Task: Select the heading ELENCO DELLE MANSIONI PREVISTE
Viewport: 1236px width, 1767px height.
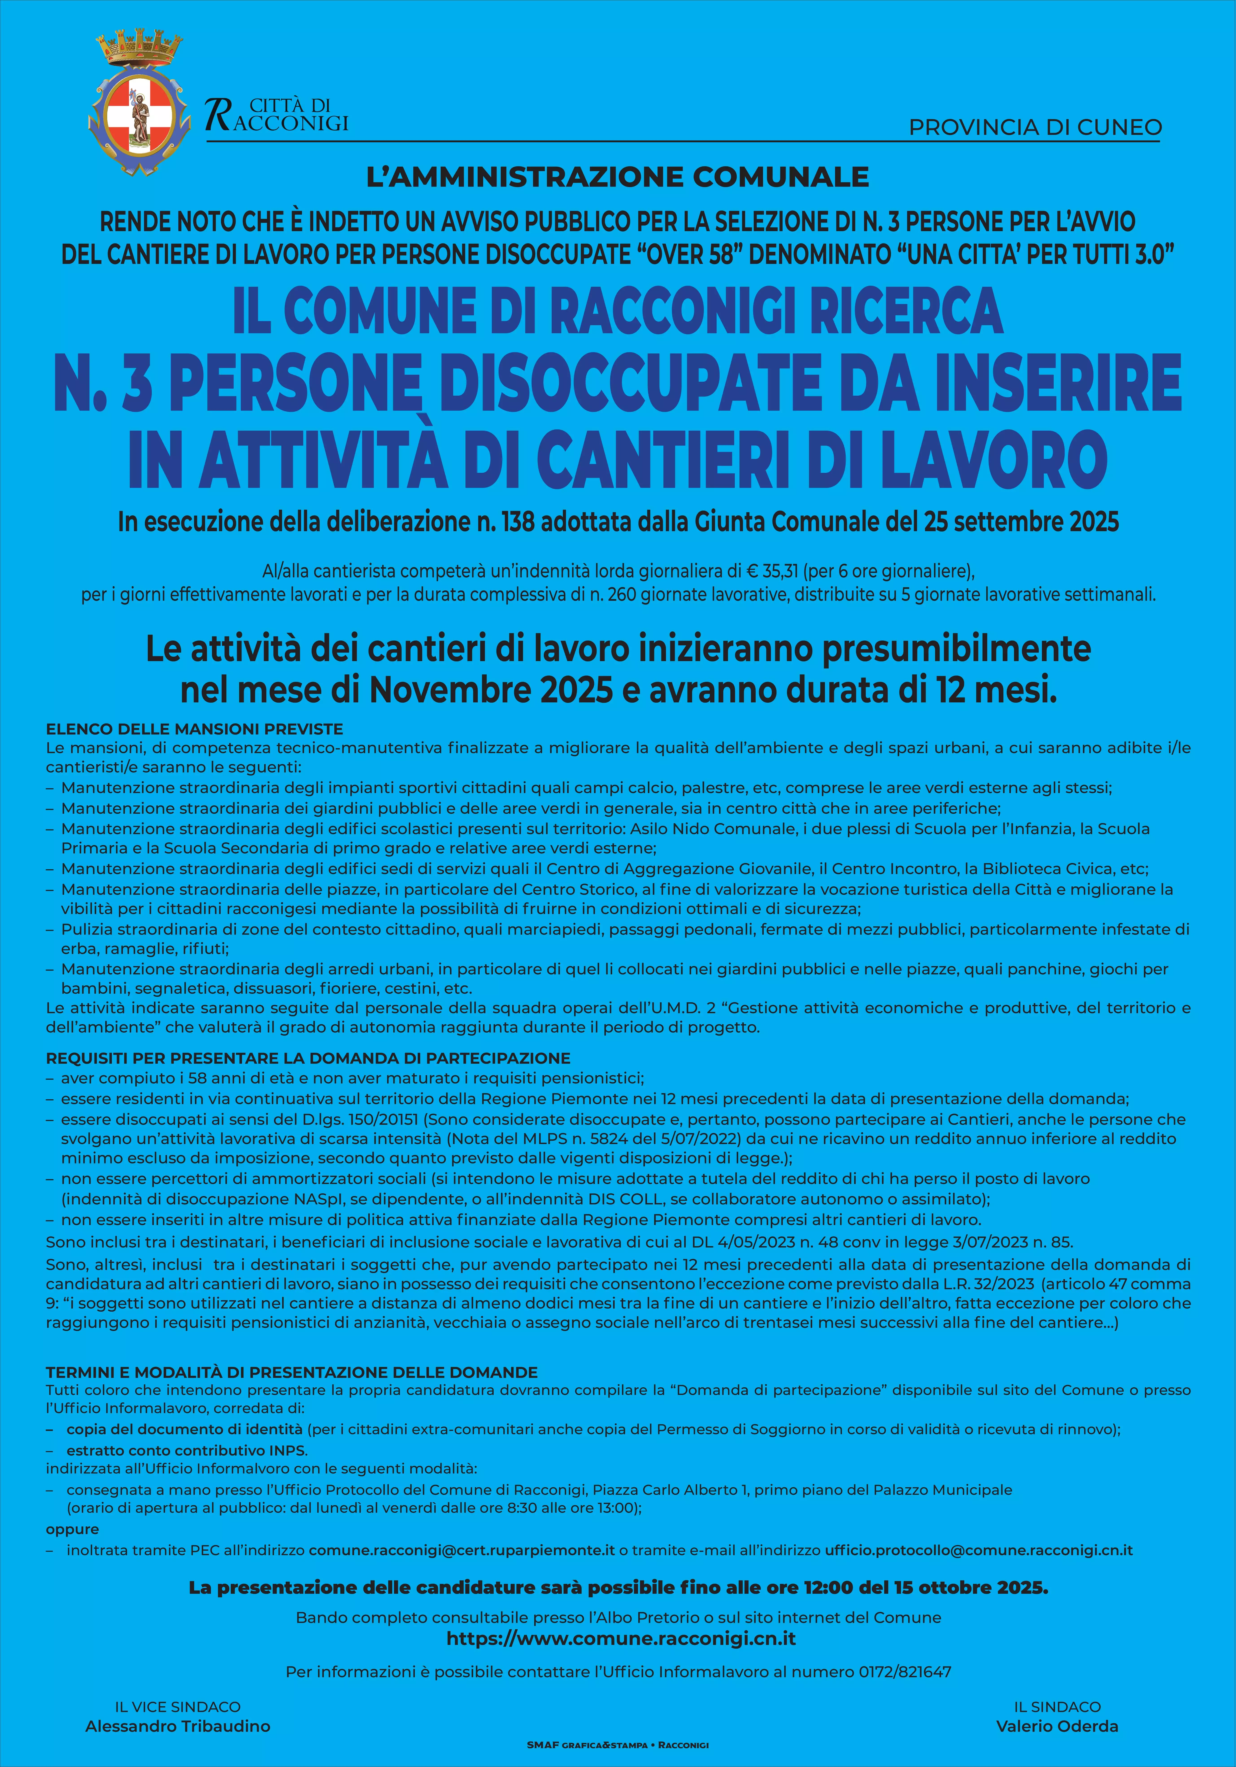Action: point(195,729)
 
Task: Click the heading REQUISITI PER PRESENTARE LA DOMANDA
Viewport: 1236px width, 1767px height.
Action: point(308,1058)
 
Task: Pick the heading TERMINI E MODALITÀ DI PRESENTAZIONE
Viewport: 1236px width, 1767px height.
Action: point(292,1372)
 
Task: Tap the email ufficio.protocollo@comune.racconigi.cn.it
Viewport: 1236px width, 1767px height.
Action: point(978,1550)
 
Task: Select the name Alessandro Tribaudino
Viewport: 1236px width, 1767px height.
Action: point(178,1726)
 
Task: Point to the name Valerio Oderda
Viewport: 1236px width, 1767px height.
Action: point(1057,1726)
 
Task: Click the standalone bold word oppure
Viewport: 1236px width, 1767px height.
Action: point(72,1529)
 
